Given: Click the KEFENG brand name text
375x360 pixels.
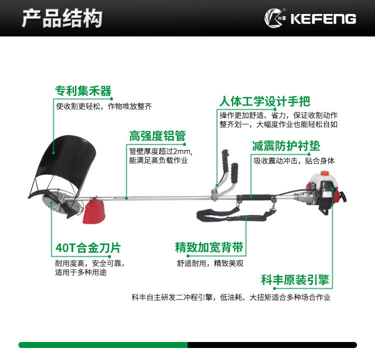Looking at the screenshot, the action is pyautogui.click(x=323, y=18).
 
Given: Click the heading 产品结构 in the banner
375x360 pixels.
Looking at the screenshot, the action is pyautogui.click(x=62, y=18).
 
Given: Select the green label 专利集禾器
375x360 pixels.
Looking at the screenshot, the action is pyautogui.click(x=83, y=90).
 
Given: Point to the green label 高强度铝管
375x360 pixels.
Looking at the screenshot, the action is pyautogui.click(x=157, y=136).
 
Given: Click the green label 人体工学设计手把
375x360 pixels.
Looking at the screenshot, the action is pyautogui.click(x=264, y=101).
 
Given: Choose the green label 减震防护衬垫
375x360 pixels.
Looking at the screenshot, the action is pyautogui.click(x=286, y=145).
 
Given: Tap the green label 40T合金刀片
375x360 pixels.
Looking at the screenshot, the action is pyautogui.click(x=88, y=247).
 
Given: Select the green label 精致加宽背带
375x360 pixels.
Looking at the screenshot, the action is pyautogui.click(x=209, y=247).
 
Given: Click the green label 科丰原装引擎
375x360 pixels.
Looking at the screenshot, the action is pyautogui.click(x=295, y=279).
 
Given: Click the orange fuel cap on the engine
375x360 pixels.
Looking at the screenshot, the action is pyautogui.click(x=324, y=173).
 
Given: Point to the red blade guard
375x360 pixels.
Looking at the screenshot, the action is pyautogui.click(x=94, y=212).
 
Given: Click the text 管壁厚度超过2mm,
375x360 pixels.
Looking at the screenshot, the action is pyautogui.click(x=161, y=151).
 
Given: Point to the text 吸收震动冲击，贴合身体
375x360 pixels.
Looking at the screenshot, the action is pyautogui.click(x=294, y=160).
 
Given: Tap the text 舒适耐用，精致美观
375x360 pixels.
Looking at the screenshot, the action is pyautogui.click(x=210, y=263).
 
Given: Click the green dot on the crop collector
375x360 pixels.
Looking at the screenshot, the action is pyautogui.click(x=53, y=152).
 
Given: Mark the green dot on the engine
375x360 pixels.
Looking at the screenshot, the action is pyautogui.click(x=332, y=189).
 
